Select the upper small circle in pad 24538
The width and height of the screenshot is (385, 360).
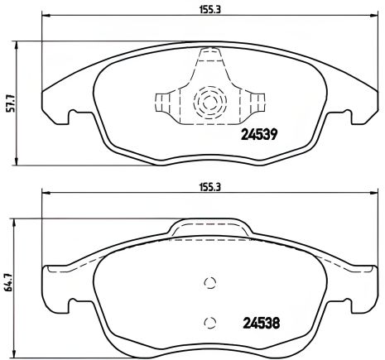pyautogui.click(x=209, y=282)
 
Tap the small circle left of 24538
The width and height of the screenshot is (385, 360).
pyautogui.click(x=209, y=321)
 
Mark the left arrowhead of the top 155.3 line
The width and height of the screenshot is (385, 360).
pyautogui.click(x=46, y=17)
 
